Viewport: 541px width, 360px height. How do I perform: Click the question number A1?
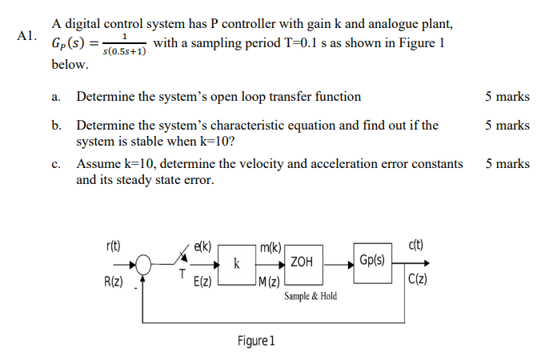point(26,37)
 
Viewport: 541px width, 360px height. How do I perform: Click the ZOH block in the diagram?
point(302,262)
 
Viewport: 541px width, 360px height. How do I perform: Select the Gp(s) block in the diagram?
point(371,261)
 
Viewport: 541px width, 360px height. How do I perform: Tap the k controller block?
point(236,262)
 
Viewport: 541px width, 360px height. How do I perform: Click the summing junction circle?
point(143,263)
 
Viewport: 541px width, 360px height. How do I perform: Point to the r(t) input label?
point(113,246)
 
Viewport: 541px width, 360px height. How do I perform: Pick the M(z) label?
point(270,280)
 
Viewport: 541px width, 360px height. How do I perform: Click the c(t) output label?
point(416,246)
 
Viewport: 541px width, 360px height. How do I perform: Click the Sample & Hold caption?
point(311,296)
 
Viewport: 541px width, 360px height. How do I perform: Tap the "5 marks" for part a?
point(507,97)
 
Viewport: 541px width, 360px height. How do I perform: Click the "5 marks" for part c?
point(507,164)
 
